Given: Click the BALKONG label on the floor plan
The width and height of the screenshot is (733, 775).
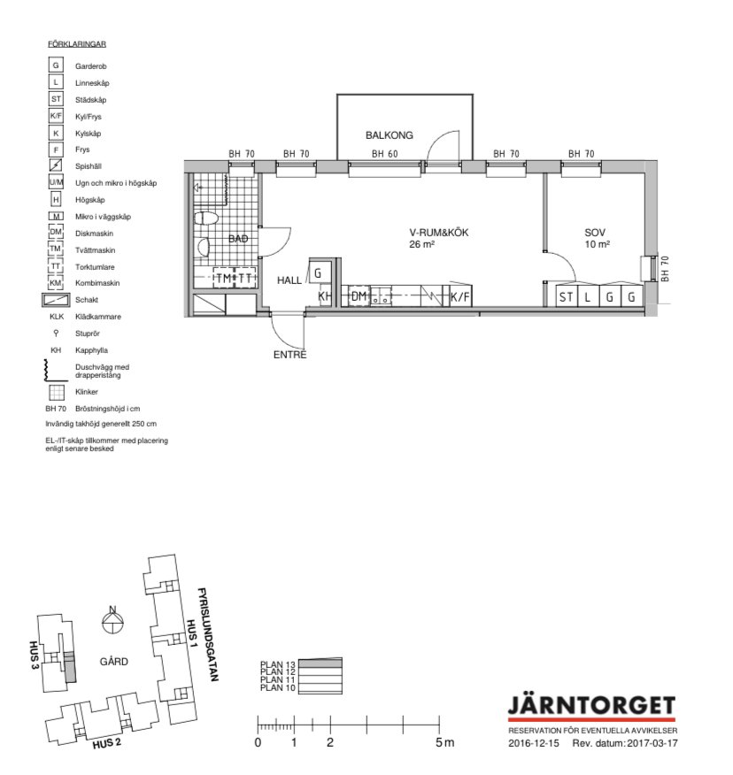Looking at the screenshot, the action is coord(390,135).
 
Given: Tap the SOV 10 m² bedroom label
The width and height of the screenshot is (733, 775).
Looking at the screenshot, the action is coord(596,238).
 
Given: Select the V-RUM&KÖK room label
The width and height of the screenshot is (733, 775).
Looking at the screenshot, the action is coord(439,233).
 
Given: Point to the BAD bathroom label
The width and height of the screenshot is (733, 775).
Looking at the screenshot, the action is coord(238,239).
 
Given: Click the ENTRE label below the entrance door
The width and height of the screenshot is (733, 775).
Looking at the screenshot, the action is coord(289,355).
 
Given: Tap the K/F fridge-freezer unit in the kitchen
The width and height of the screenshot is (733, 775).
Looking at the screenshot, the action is coord(460,296).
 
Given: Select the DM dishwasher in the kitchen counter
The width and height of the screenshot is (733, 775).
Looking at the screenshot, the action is coord(359,296).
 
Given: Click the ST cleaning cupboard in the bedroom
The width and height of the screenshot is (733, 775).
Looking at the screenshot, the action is coord(567,296).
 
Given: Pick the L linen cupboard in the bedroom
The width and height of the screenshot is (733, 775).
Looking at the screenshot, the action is coord(588,296).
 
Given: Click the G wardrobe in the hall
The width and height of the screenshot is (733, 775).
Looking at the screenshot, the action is coord(320,272).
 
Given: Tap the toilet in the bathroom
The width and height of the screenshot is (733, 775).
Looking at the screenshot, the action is coord(205,218).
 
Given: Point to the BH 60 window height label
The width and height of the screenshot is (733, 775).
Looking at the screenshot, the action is coord(385,154).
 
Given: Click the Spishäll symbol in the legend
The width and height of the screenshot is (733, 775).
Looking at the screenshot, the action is coord(56,165).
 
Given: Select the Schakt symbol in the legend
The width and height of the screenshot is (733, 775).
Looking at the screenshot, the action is coord(56,300).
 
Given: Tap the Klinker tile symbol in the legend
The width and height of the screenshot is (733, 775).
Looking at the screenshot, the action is coord(57,392).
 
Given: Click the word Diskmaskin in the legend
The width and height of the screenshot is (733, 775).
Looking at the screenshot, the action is coord(94,234).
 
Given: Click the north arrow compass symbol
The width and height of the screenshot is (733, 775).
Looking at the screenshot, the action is coord(113,620).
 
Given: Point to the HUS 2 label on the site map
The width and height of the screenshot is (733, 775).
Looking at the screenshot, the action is coord(106,743).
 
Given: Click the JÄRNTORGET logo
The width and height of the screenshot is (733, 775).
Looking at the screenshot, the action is coord(591,707).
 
